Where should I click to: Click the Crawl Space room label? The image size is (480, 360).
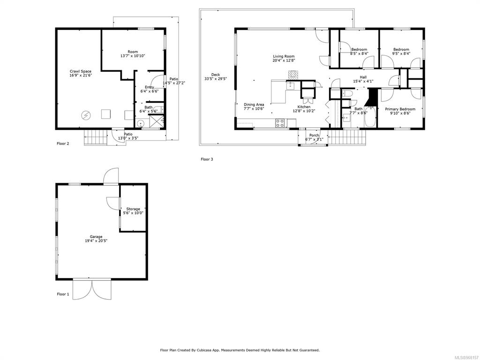tap(81, 71)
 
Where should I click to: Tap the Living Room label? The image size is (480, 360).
tap(284, 56)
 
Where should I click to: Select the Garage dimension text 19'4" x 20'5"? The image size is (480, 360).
tap(96, 240)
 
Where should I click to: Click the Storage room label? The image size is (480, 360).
tap(133, 209)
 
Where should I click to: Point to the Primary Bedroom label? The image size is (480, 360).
tap(400, 109)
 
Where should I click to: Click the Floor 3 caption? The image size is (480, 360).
tap(207, 159)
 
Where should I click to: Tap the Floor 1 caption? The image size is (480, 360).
tap(63, 294)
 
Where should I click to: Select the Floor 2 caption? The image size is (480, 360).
tap(63, 143)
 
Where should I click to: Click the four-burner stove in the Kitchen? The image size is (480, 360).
tap(280, 123)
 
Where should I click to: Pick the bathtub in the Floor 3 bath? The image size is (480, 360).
tap(370, 117)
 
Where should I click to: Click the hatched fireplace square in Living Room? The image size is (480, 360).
tap(293, 75)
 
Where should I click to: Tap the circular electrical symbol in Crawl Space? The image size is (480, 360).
tap(86, 115)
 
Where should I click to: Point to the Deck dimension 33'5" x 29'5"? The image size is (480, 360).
tap(216, 79)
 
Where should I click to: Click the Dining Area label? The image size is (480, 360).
tap(254, 105)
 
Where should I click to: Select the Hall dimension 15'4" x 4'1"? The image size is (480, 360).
tap(363, 82)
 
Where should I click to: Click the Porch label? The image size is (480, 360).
tap(314, 135)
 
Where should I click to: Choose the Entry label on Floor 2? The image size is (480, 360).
tap(150, 87)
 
